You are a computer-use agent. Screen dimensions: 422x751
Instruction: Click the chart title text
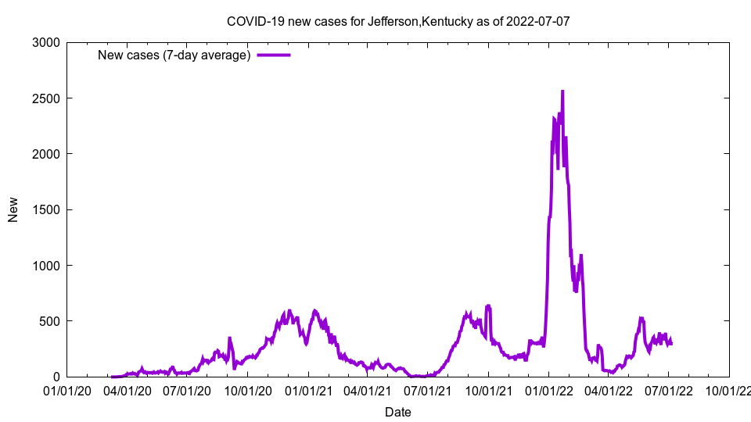pyautogui.click(x=398, y=21)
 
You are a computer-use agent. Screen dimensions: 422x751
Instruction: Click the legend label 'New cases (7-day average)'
pyautogui.click(x=174, y=55)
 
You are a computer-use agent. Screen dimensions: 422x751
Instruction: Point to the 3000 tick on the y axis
pyautogui.click(x=48, y=42)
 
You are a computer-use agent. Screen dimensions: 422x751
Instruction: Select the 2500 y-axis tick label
pyautogui.click(x=48, y=98)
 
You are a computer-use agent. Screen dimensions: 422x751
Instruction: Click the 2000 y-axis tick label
pyautogui.click(x=48, y=154)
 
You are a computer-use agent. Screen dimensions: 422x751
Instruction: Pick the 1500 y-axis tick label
pyautogui.click(x=48, y=209)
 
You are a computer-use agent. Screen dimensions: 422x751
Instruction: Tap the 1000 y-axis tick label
pyautogui.click(x=48, y=266)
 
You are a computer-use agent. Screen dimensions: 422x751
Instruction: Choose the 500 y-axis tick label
pyautogui.click(x=51, y=321)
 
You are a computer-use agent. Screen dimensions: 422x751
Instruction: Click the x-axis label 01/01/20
pyautogui.click(x=67, y=389)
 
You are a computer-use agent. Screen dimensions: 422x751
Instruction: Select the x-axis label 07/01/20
pyautogui.click(x=188, y=389)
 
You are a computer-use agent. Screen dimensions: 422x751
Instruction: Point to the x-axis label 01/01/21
pyautogui.click(x=308, y=389)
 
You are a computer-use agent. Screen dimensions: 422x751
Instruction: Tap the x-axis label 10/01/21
pyautogui.click(x=488, y=389)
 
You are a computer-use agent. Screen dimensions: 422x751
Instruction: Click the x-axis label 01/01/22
pyautogui.click(x=549, y=389)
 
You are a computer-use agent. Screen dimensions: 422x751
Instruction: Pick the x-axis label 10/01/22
pyautogui.click(x=729, y=389)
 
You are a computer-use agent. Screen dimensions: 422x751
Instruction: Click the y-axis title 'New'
pyautogui.click(x=13, y=209)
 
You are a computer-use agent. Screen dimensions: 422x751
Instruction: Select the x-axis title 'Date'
pyautogui.click(x=398, y=412)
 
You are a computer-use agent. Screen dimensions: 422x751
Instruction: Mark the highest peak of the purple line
pyautogui.click(x=562, y=91)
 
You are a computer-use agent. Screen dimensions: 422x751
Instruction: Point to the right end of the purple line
pyautogui.click(x=671, y=343)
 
